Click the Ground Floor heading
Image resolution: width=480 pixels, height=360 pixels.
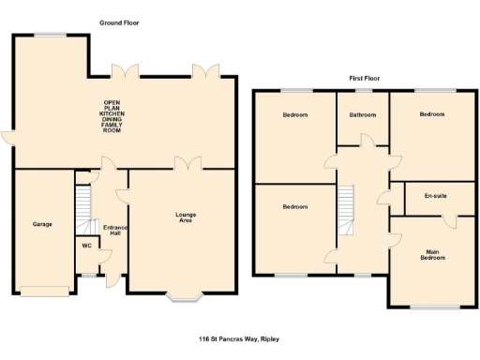(120, 22)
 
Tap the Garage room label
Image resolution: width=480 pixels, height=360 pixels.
(42, 224)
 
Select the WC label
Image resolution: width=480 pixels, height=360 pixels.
(87, 247)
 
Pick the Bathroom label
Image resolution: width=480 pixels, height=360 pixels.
(363, 114)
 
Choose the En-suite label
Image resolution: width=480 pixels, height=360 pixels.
(433, 196)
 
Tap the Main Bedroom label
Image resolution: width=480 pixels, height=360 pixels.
(433, 254)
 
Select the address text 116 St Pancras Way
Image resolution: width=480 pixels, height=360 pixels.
(239, 338)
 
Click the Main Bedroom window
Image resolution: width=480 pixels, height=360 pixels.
(434, 307)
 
